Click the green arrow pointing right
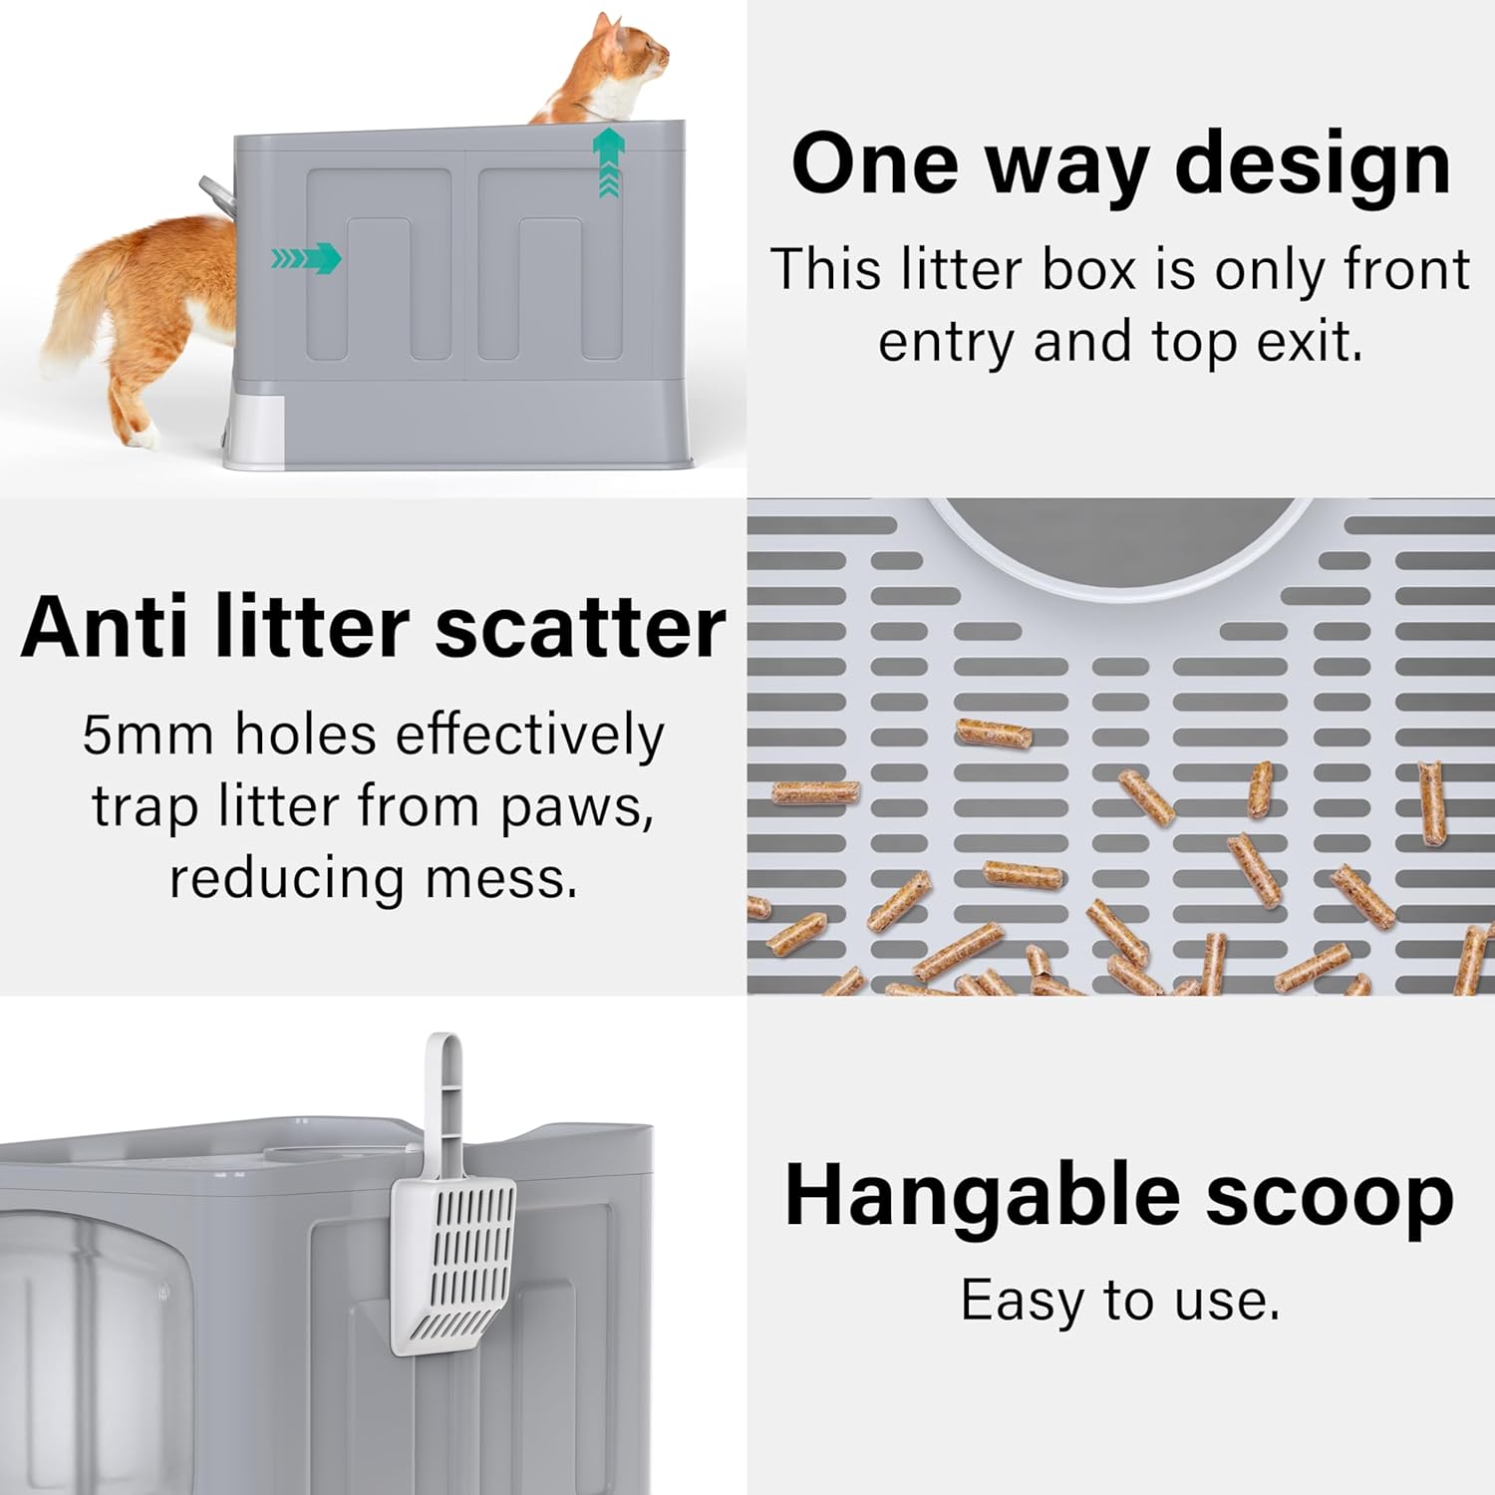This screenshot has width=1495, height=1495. [309, 259]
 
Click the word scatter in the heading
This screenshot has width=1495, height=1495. [580, 628]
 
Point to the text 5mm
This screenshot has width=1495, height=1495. [148, 736]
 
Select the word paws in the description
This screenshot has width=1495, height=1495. [576, 807]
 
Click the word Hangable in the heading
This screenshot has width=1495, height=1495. [982, 1196]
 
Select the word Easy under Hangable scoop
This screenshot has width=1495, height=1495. [1021, 1301]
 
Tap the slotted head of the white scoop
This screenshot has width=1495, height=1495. [453, 1266]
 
